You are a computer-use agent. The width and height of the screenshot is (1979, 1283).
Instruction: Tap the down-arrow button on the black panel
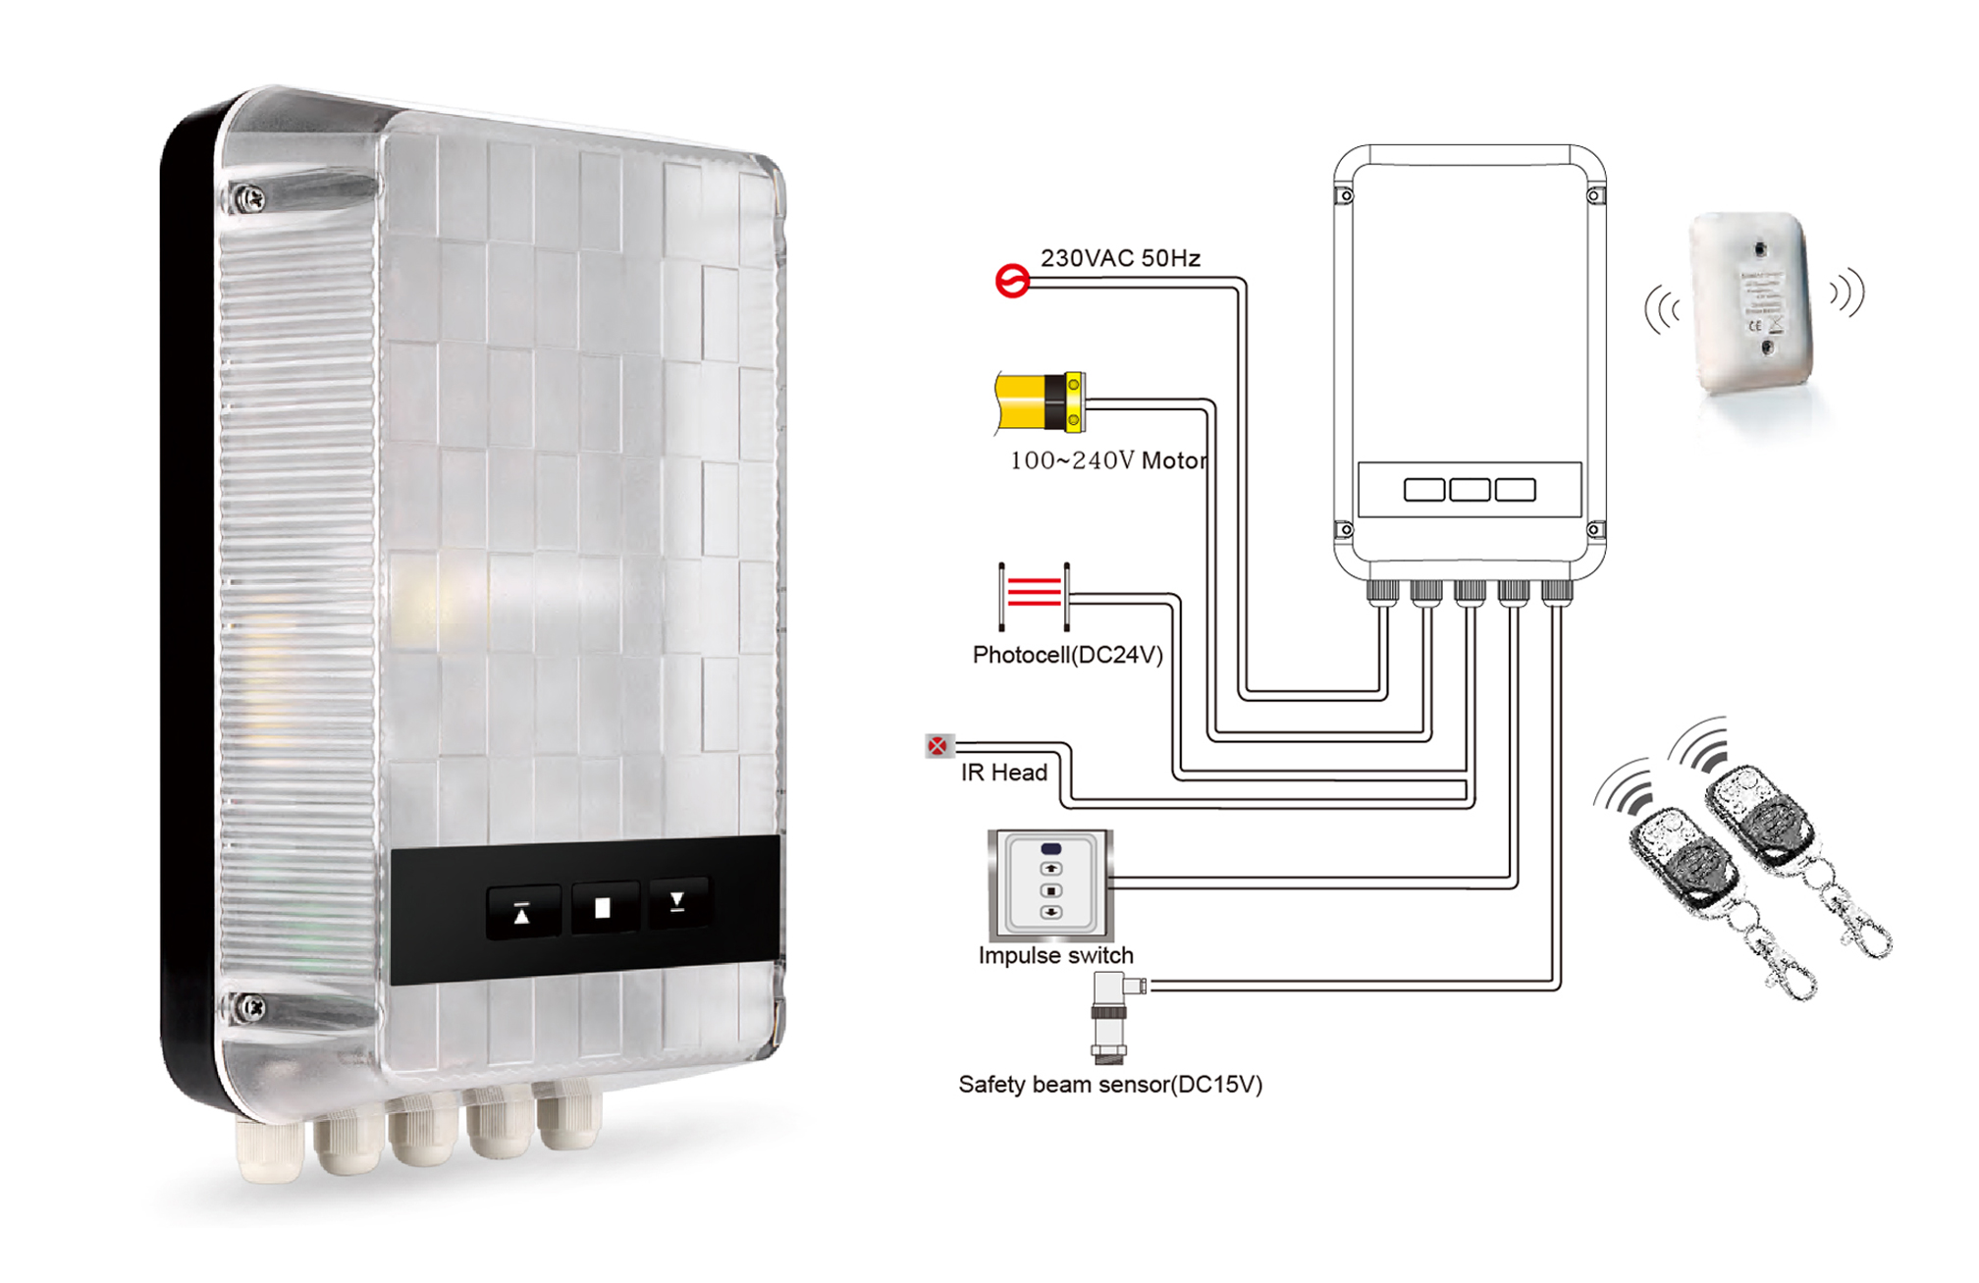677,902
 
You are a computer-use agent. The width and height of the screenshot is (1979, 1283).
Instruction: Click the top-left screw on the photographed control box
250,198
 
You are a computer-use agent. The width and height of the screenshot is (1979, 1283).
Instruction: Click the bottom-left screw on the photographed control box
251,1007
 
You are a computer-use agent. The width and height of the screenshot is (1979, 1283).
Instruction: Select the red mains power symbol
1012,282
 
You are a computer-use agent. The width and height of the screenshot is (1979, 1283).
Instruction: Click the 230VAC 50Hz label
1120,258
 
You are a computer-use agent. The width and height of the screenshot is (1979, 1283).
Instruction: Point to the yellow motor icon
1040,401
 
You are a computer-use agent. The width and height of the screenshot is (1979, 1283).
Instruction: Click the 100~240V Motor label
1108,460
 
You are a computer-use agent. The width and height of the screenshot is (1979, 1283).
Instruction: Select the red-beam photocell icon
1035,595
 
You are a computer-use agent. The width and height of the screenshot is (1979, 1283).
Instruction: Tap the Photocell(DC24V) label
1067,655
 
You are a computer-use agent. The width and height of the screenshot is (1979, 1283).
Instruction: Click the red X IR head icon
938,746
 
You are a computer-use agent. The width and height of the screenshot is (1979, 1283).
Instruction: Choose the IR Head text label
1003,773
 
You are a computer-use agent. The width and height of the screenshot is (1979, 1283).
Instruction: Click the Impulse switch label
1055,955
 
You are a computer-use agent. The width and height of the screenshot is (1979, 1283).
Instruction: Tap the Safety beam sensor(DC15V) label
1109,1084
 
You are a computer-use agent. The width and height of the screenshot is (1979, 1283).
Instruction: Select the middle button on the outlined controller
1470,489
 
